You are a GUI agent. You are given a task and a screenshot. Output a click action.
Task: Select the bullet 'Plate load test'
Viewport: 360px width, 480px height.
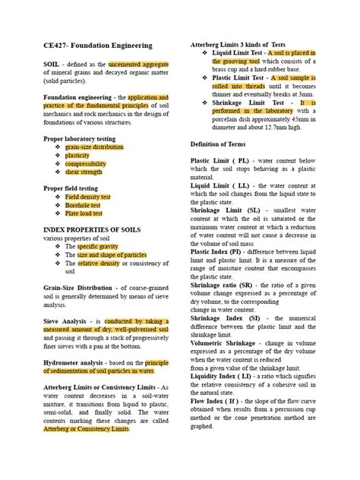[84, 214]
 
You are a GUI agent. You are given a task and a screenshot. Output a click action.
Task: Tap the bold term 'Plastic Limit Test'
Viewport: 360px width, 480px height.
[238, 78]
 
